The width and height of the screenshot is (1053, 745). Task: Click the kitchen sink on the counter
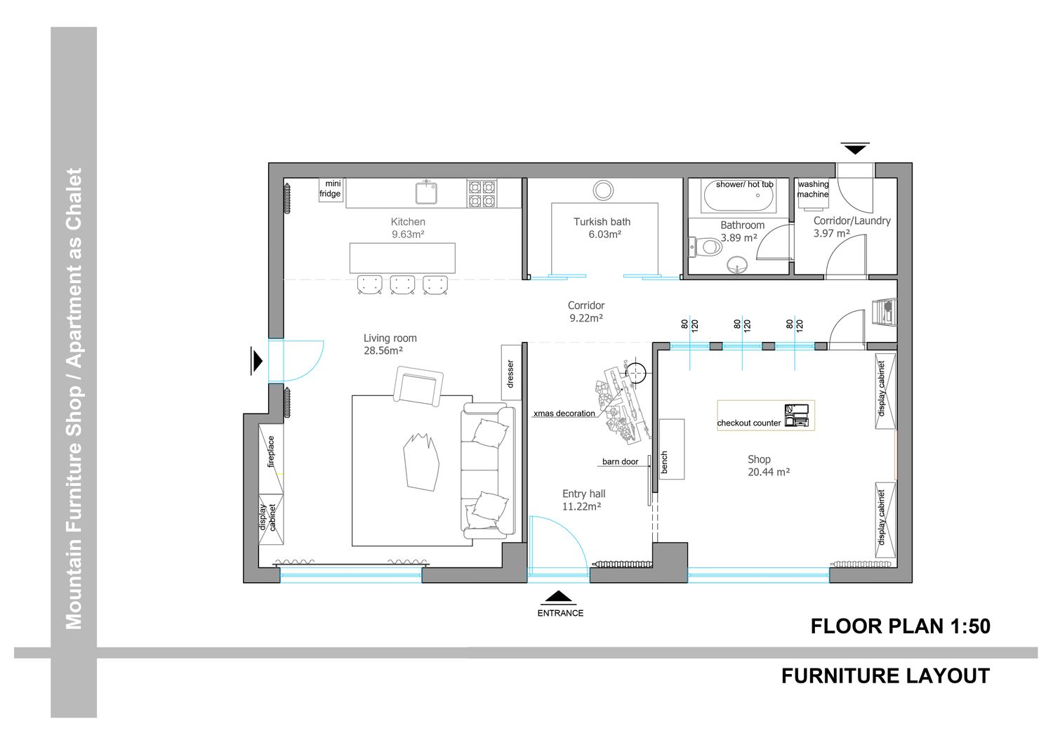426,192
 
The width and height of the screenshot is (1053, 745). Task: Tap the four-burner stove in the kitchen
482,193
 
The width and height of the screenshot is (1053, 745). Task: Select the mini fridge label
331,189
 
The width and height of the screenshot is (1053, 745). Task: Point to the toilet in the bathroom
706,246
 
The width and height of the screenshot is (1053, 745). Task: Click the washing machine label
813,189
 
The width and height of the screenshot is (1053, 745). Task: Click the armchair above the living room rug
418,386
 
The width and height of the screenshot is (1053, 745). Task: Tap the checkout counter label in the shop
748,423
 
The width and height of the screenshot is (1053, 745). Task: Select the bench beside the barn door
671,449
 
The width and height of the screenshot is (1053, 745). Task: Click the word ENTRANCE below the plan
560,613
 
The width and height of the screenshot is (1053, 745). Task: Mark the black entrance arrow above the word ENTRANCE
559,598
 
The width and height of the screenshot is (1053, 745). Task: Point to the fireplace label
271,451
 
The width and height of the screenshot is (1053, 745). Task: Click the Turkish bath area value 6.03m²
605,235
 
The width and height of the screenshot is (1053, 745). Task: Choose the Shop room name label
759,459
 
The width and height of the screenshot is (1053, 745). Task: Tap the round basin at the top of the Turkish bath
603,190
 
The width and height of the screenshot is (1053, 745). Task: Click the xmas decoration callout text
564,414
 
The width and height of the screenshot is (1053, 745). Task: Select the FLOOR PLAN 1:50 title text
900,626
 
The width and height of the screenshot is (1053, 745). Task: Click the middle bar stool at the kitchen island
402,285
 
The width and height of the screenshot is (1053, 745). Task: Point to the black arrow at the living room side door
257,361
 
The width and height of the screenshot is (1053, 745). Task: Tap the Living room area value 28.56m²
383,351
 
